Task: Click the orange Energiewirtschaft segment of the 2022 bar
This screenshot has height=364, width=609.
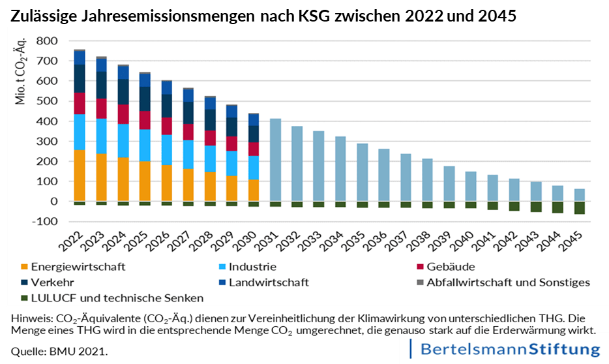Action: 80,175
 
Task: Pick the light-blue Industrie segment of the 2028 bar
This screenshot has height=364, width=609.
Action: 209,159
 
